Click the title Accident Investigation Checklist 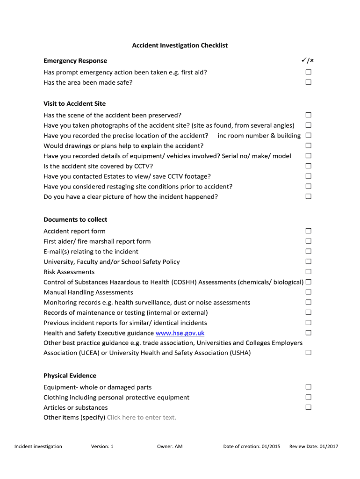coord(180,45)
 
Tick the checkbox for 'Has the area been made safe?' coord(309,82)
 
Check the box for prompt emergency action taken coord(309,72)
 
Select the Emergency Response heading coord(75,61)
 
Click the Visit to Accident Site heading coord(75,103)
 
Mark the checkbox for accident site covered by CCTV coord(309,166)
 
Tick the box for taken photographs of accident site coord(309,125)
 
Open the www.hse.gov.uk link coord(180,333)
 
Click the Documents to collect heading coord(75,219)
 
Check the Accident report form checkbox coord(309,231)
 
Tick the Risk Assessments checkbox coord(309,272)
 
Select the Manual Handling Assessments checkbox coord(309,292)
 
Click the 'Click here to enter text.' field coord(142,417)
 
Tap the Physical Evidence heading coord(70,376)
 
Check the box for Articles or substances coord(309,407)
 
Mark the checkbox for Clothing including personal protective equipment coord(309,397)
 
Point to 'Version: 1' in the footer coord(102,446)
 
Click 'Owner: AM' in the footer coord(170,446)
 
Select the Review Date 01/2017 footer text coord(314,446)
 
